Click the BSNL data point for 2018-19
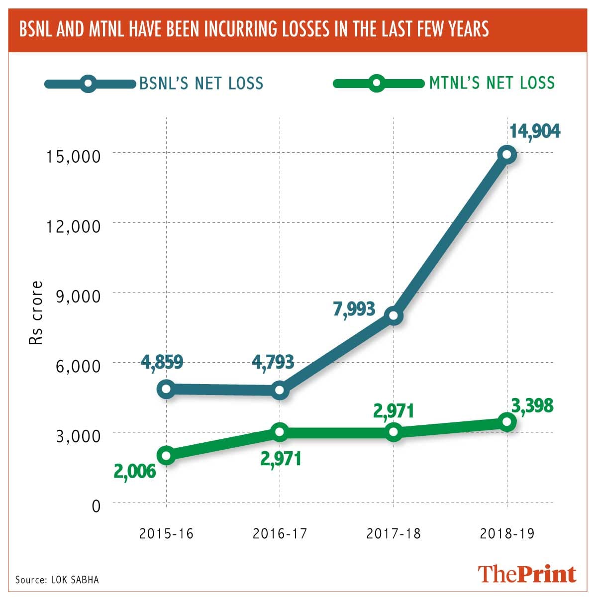[x=507, y=154]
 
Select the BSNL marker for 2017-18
[x=394, y=315]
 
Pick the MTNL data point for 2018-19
[x=507, y=421]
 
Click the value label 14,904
[x=535, y=131]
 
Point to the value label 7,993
[x=354, y=309]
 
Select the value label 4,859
[x=162, y=362]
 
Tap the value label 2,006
[x=135, y=471]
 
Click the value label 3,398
[x=532, y=405]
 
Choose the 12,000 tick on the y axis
[x=74, y=226]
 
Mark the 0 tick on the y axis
[x=96, y=505]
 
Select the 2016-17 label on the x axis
[x=280, y=533]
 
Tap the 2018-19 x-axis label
[x=507, y=533]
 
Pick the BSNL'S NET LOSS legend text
[x=201, y=83]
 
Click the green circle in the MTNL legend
[x=377, y=83]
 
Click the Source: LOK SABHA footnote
[x=57, y=580]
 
